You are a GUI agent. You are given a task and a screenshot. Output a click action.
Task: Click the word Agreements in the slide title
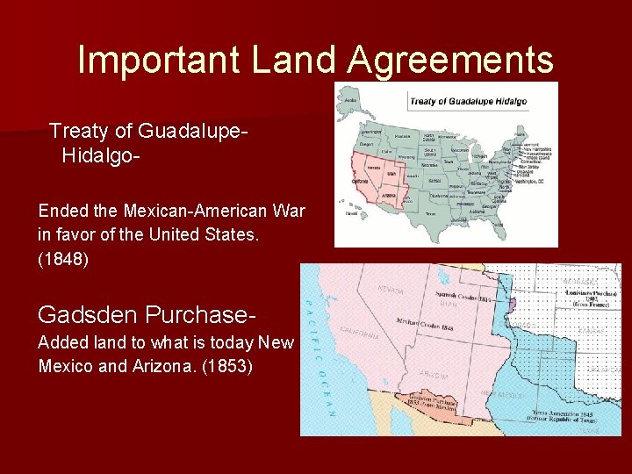click(451, 61)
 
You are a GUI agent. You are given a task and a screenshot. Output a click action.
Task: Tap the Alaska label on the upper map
click(351, 100)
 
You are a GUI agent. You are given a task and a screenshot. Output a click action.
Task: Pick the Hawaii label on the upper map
click(351, 213)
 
